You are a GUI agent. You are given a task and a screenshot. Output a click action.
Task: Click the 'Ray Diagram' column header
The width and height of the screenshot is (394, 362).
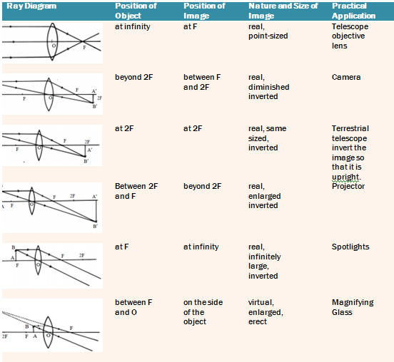[31, 6]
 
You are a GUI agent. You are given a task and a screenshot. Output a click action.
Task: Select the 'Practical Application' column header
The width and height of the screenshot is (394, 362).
[353, 11]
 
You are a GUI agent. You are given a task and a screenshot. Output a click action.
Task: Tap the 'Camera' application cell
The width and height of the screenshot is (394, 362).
[346, 77]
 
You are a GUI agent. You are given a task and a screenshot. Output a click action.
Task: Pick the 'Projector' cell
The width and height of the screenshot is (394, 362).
[348, 186]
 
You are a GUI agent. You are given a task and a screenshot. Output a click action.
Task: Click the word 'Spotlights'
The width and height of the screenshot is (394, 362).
[350, 247]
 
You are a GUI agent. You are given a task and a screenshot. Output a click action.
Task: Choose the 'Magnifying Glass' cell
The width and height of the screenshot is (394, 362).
[353, 307]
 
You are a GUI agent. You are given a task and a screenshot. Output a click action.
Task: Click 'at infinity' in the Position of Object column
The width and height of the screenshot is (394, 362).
[133, 26]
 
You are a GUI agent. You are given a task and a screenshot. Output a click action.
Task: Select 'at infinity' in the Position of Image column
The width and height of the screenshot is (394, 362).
[201, 247]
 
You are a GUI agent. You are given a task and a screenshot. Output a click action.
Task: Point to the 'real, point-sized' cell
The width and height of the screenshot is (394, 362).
[268, 31]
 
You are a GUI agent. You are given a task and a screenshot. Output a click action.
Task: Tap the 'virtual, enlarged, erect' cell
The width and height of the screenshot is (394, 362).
[266, 312]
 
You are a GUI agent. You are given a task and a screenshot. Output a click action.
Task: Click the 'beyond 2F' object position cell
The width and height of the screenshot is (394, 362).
[133, 77]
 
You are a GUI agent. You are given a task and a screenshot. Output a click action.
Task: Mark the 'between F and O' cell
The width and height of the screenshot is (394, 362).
[133, 307]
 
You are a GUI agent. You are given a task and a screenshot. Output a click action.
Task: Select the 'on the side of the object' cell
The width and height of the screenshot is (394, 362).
[203, 312]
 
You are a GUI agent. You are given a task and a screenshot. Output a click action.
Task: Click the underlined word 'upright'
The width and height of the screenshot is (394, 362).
[345, 177]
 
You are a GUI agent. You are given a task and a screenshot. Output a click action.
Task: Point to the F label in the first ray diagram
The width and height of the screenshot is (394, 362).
[84, 48]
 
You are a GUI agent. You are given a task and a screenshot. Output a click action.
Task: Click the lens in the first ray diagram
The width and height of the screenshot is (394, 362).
[52, 41]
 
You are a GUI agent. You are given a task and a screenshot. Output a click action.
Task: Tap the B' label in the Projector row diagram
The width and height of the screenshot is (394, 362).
[95, 227]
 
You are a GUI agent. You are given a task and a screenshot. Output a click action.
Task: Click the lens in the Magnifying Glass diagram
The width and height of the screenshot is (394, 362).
[48, 332]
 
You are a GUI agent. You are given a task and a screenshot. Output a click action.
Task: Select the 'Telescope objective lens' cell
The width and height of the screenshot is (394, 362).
[350, 36]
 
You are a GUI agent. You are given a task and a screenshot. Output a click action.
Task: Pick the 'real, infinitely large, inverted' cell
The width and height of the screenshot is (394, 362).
[265, 261]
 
